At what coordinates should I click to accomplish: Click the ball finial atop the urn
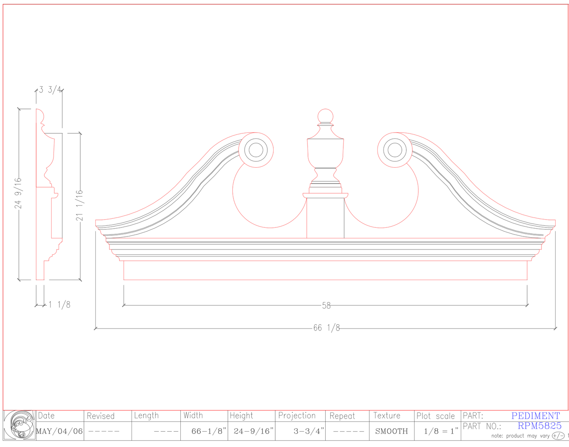[x=325, y=116]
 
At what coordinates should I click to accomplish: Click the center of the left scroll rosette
[x=256, y=150]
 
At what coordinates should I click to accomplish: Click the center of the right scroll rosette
[x=395, y=150]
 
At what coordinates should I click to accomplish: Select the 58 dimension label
[x=326, y=305]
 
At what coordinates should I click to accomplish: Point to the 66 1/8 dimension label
[x=326, y=328]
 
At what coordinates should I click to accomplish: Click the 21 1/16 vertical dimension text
[x=80, y=205]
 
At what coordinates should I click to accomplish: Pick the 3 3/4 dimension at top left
[x=50, y=90]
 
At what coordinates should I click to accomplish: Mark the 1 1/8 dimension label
[x=59, y=305]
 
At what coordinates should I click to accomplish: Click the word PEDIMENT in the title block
[x=536, y=416]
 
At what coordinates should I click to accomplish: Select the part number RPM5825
[x=539, y=426]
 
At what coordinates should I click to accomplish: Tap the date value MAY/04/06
[x=59, y=431]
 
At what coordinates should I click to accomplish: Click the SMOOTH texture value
[x=391, y=431]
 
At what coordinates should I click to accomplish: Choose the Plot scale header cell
[x=436, y=416]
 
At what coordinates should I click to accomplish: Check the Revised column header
[x=100, y=416]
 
